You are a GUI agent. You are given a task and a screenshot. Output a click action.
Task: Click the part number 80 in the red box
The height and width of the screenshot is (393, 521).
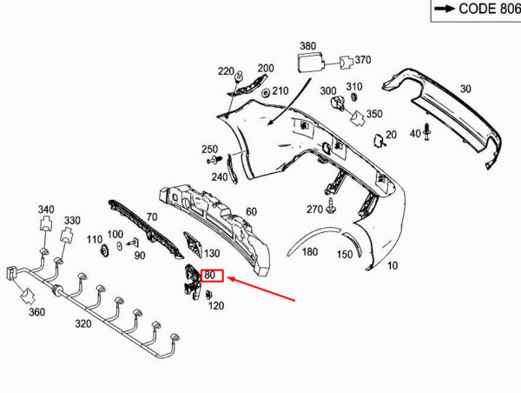click(x=210, y=276)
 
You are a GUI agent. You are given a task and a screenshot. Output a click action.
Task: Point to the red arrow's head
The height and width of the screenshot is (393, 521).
click(x=230, y=278)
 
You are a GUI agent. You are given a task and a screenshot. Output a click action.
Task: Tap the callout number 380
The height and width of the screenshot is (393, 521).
click(x=308, y=46)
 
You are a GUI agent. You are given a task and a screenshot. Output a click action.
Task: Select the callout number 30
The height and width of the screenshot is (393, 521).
click(x=465, y=89)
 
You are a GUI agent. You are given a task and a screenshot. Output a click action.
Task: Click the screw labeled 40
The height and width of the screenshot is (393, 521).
click(x=427, y=131)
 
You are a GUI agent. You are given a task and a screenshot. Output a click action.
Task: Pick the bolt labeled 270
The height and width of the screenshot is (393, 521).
click(x=331, y=206)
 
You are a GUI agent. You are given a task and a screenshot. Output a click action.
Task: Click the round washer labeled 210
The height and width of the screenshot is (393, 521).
click(x=266, y=93)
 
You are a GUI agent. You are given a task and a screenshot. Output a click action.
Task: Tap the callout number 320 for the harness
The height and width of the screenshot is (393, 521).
click(x=83, y=323)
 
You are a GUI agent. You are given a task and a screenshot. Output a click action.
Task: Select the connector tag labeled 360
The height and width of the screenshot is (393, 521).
click(x=27, y=296)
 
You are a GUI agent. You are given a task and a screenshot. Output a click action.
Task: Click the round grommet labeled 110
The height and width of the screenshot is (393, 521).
click(x=105, y=250)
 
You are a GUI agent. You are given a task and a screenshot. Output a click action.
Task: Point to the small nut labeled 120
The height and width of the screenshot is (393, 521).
click(x=209, y=295)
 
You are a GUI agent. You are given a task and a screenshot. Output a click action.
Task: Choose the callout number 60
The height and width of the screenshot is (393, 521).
click(x=252, y=211)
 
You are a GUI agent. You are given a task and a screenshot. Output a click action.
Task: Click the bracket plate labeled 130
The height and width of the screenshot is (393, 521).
click(x=193, y=244)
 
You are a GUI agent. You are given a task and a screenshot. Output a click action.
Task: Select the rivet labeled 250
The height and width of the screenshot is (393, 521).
click(x=214, y=160)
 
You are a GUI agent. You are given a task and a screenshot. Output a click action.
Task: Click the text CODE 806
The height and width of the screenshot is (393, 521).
click(x=490, y=9)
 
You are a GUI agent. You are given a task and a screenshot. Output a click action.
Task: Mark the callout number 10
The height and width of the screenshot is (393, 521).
click(x=392, y=265)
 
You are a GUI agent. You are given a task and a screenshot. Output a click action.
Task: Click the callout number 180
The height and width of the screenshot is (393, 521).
click(x=310, y=252)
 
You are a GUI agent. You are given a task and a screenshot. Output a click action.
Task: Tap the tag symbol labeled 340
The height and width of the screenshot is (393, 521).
click(x=46, y=223)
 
